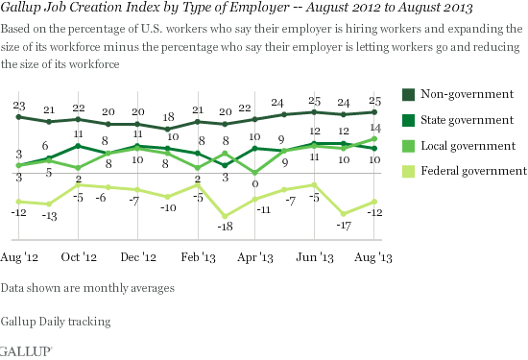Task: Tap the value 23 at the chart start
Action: tap(18, 104)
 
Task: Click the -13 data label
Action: tap(48, 216)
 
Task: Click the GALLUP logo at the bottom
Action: tap(19, 350)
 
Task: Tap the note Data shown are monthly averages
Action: tap(87, 287)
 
